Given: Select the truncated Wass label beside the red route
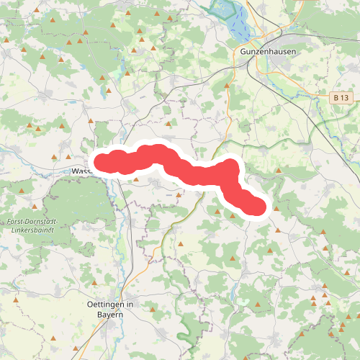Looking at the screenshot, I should [81, 171].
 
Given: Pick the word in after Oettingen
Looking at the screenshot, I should [130, 305].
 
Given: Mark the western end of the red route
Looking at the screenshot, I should [101, 162].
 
